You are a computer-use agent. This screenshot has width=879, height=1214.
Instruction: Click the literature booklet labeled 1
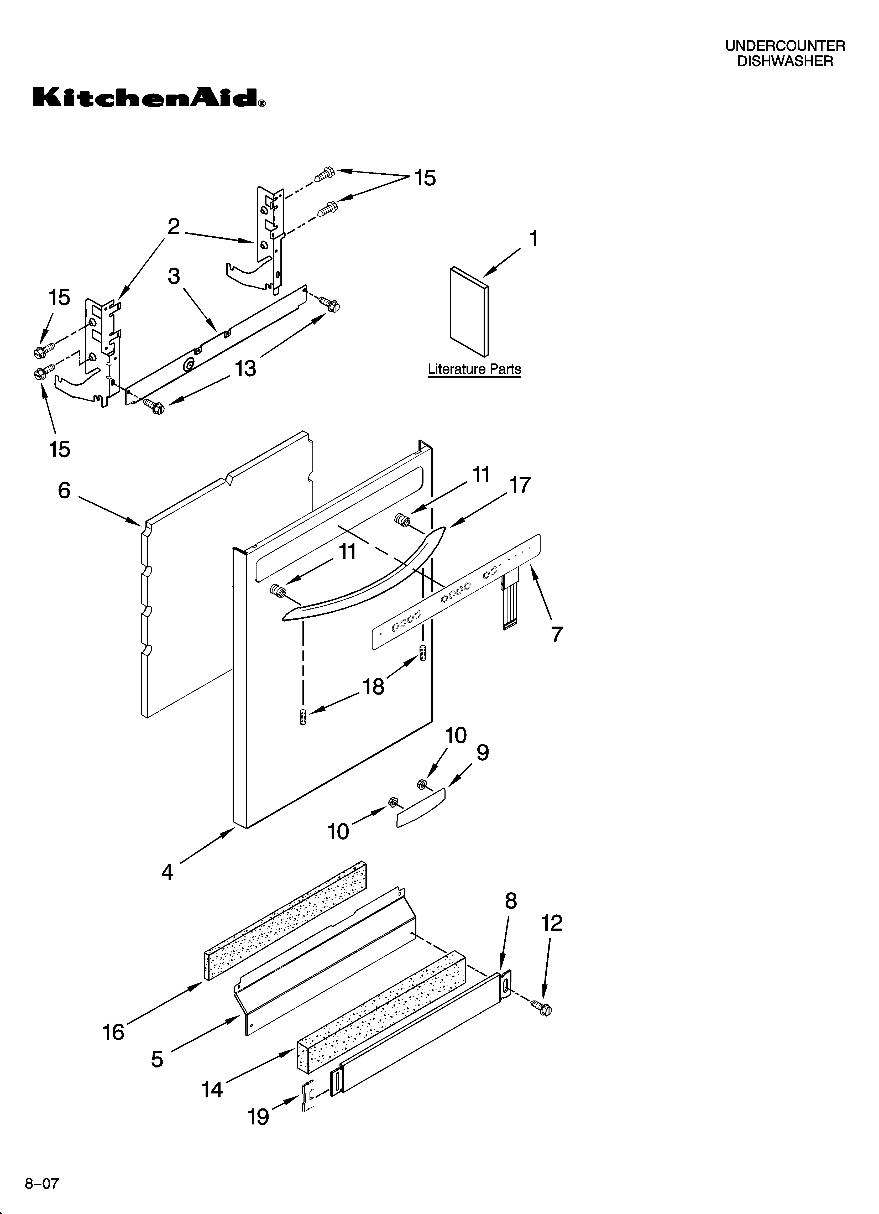(x=469, y=311)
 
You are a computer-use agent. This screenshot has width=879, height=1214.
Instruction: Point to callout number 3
(x=174, y=276)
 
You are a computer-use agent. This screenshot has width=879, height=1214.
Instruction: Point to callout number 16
(x=113, y=1032)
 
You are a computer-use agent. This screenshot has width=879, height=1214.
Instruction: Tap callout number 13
(x=246, y=368)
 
